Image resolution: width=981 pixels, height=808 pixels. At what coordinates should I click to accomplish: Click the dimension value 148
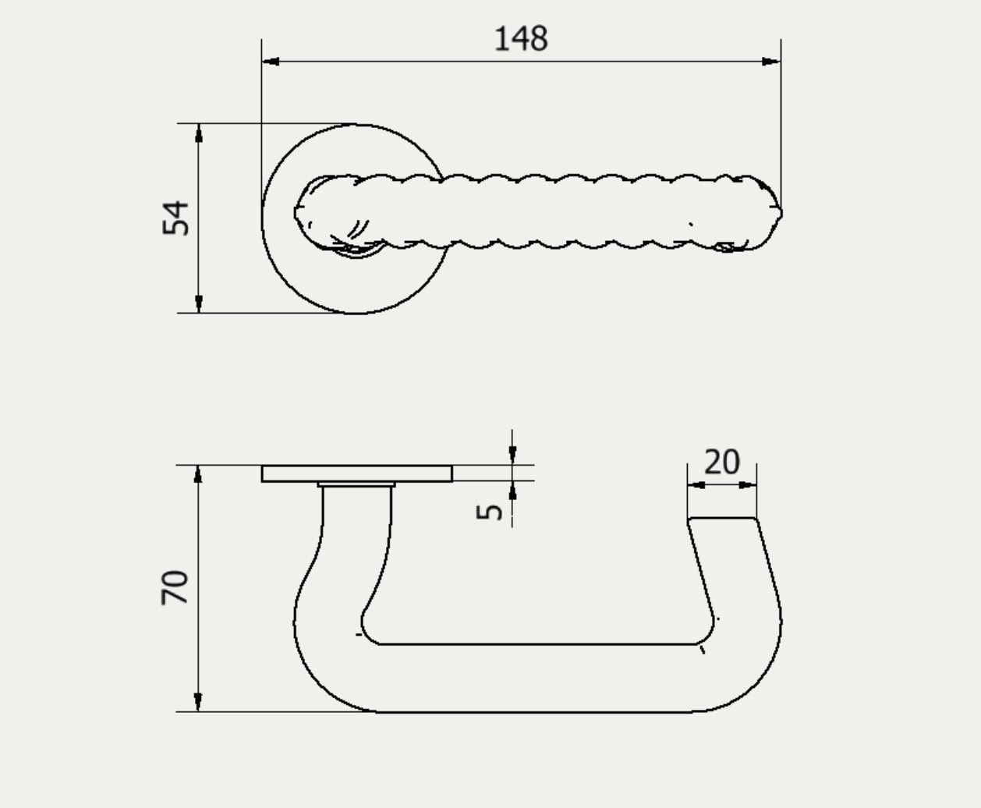pyautogui.click(x=521, y=39)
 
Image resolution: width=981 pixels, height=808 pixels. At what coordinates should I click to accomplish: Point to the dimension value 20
pyautogui.click(x=721, y=462)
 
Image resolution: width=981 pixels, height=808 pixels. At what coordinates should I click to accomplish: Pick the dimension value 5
pyautogui.click(x=490, y=512)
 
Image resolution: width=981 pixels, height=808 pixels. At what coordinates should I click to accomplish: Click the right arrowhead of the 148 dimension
pyautogui.click(x=771, y=61)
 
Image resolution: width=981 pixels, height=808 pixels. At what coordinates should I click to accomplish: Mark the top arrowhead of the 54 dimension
pyautogui.click(x=200, y=133)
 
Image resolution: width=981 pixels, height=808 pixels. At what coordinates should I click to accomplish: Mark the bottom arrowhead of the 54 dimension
pyautogui.click(x=200, y=303)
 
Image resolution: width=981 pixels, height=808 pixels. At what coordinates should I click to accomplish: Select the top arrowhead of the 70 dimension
pyautogui.click(x=199, y=474)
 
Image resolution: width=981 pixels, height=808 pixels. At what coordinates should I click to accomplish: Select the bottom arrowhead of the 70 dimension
pyautogui.click(x=199, y=702)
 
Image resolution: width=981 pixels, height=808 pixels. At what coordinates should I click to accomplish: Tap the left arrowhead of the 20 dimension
pyautogui.click(x=696, y=484)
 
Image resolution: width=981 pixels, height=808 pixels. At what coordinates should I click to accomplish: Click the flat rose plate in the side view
pyautogui.click(x=356, y=473)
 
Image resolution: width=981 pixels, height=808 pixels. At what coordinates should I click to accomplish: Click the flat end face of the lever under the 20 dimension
pyautogui.click(x=721, y=518)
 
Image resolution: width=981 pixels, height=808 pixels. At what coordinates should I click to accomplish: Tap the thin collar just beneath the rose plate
pyautogui.click(x=356, y=484)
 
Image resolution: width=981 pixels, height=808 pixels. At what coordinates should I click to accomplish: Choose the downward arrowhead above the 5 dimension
pyautogui.click(x=512, y=455)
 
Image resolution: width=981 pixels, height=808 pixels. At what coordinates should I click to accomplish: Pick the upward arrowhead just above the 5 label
pyautogui.click(x=512, y=491)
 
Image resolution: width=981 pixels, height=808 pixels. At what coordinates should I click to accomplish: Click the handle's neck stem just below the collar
pyautogui.click(x=357, y=515)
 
